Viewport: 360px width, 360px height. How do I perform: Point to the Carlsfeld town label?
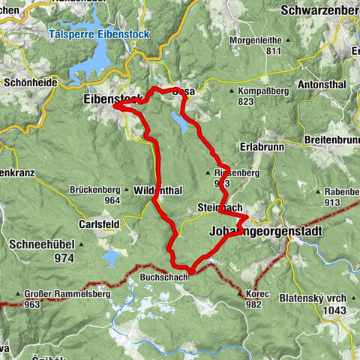click(x=98, y=224)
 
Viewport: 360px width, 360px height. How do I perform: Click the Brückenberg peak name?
click(x=96, y=190)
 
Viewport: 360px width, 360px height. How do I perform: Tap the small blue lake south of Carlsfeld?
click(x=109, y=258)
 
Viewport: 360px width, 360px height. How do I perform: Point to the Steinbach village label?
click(x=220, y=207)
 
